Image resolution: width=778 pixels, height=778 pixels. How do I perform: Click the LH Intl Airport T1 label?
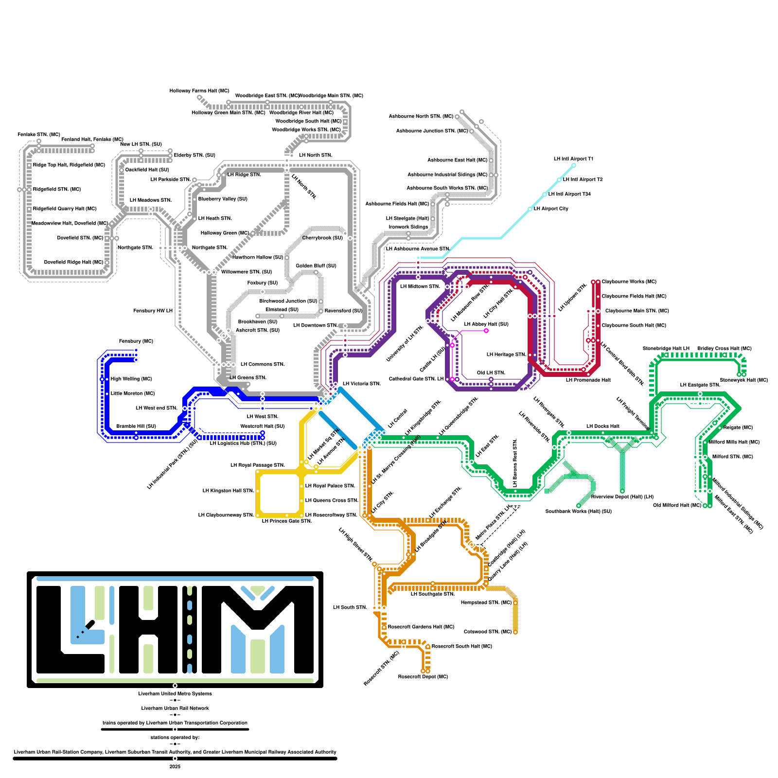[573, 159]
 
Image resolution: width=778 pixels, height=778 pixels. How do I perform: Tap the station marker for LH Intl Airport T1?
[574, 165]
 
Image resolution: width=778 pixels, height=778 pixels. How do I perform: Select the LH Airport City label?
[551, 209]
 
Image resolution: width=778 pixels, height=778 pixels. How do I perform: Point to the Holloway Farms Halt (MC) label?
[199, 91]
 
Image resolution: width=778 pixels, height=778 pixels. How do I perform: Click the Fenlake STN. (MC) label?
[39, 135]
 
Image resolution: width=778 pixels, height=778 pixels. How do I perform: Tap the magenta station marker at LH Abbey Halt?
[486, 331]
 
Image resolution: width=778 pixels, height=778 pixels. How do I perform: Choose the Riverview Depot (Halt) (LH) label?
[622, 497]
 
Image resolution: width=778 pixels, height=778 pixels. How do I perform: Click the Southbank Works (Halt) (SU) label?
[578, 512]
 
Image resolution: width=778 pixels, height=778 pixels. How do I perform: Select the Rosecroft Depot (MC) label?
[423, 677]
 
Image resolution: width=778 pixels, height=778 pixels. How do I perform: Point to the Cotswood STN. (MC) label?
[488, 632]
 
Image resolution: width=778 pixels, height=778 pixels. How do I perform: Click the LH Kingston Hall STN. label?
[228, 491]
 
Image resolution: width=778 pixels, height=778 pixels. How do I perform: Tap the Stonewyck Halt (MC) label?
[743, 380]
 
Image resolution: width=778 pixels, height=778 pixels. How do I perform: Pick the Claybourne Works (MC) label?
[629, 282]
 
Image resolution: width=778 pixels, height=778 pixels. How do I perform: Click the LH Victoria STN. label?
[361, 384]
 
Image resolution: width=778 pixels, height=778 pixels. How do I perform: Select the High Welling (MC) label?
[131, 379]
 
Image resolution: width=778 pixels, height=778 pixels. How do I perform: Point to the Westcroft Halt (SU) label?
[263, 426]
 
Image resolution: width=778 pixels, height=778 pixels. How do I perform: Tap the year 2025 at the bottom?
[175, 767]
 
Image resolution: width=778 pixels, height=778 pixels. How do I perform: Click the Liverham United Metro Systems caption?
[175, 694]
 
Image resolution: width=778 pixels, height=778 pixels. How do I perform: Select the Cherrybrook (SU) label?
[322, 238]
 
